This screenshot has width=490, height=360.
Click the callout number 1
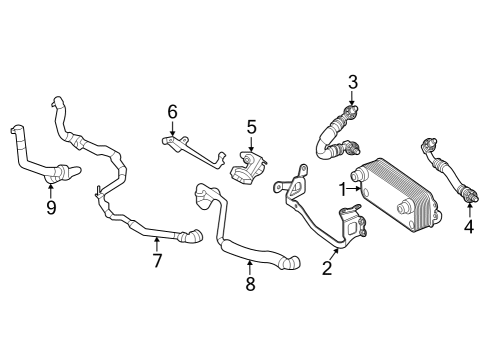point(343,189)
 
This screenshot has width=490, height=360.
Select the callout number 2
point(327,268)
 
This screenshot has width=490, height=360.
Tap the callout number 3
point(353,82)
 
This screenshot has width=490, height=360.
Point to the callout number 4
point(469,227)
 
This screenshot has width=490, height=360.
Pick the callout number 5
point(251,127)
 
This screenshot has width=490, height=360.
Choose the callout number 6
point(172,111)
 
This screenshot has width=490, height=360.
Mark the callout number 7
point(157,260)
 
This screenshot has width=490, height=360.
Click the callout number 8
point(250,284)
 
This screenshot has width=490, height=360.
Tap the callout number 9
point(51,208)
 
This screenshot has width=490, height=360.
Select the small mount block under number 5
point(248,167)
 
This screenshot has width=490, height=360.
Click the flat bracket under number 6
point(193,152)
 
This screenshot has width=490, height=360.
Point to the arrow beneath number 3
point(352,99)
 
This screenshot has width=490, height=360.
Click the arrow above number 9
point(51,191)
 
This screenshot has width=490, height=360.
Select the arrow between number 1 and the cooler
point(354,189)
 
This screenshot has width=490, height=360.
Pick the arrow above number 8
point(249,268)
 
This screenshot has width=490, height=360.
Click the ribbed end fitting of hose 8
point(291,262)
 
